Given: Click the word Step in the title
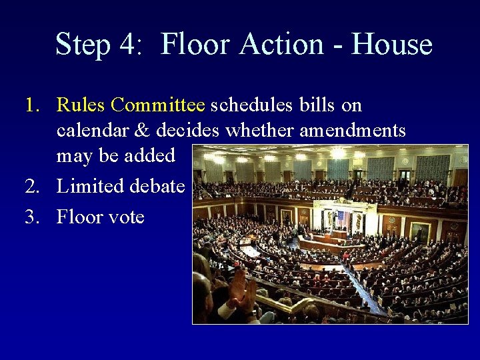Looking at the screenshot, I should click(x=83, y=45).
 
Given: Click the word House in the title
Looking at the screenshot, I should click(x=392, y=45).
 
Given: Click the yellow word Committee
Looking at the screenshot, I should click(x=158, y=105).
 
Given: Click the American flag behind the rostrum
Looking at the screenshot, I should click(x=342, y=219).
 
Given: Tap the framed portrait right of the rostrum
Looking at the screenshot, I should click(x=421, y=231).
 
